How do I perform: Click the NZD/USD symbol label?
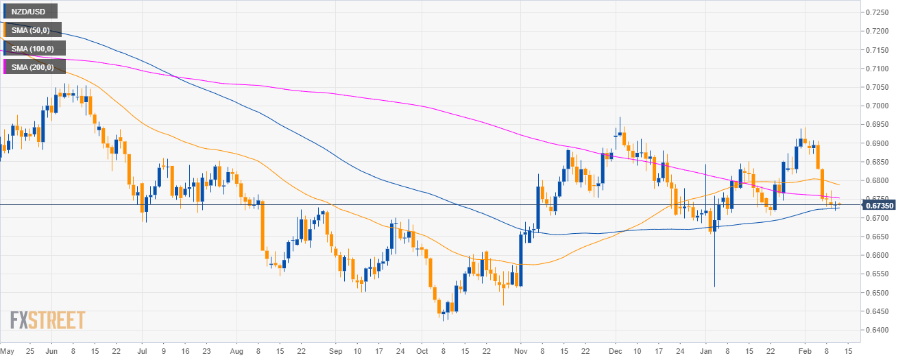point(30,12)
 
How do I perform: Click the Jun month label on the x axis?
point(51,350)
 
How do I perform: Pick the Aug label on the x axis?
point(236,350)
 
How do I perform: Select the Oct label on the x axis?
point(422,350)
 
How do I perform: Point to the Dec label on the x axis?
point(615,350)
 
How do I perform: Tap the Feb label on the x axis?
point(805,350)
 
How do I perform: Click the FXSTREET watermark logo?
point(47,320)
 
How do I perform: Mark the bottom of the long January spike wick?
point(714,287)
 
